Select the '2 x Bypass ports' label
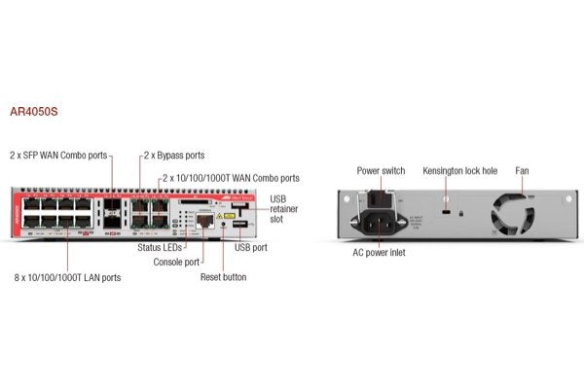[174, 155]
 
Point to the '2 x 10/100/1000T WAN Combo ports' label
[231, 178]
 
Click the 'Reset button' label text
[223, 277]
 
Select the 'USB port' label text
[252, 248]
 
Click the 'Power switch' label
[381, 171]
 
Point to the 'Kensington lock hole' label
[459, 171]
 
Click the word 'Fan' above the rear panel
[522, 171]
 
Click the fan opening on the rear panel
[513, 212]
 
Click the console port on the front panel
[204, 222]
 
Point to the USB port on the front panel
[235, 226]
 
